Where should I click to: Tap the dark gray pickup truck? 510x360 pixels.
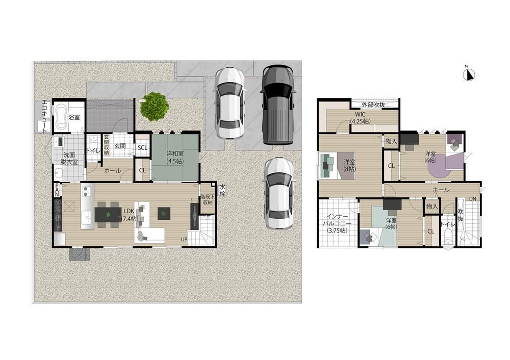(x=278, y=105)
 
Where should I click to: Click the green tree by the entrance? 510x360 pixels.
(x=155, y=107)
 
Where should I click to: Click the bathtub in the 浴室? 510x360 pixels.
(x=61, y=117)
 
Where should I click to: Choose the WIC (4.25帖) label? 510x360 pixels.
(x=360, y=117)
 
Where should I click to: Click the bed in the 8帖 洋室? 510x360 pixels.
(x=337, y=166)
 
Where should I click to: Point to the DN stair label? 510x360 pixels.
(x=473, y=198)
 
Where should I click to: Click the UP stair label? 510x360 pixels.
(x=183, y=239)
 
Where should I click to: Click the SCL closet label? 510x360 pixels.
(x=143, y=148)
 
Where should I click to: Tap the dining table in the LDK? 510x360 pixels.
(x=108, y=215)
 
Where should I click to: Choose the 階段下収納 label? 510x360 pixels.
(x=207, y=199)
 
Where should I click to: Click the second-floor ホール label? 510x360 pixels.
(x=441, y=190)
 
